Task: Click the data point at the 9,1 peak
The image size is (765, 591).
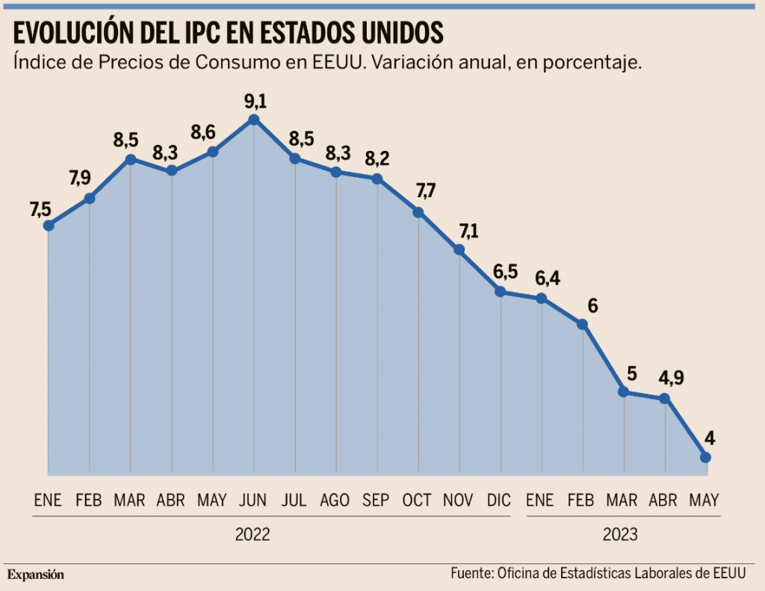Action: pyautogui.click(x=254, y=120)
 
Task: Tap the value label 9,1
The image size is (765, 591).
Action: pyautogui.click(x=255, y=100)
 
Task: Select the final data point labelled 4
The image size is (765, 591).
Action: pyautogui.click(x=705, y=457)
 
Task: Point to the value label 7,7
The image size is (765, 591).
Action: pyautogui.click(x=425, y=191)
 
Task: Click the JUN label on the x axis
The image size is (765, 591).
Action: pyautogui.click(x=253, y=501)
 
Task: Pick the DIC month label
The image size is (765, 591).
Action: pyautogui.click(x=500, y=501)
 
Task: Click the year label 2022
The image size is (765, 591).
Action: pyautogui.click(x=253, y=535)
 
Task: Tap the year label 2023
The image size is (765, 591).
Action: pyautogui.click(x=620, y=535)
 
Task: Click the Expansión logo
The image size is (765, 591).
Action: pyautogui.click(x=36, y=575)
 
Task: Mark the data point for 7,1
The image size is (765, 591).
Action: pyautogui.click(x=459, y=250)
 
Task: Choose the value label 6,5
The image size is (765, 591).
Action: pyautogui.click(x=506, y=271)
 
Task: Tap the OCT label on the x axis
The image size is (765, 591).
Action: pyautogui.click(x=417, y=501)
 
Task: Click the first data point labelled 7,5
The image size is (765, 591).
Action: pyautogui.click(x=49, y=225)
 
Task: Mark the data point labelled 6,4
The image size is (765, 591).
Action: pyautogui.click(x=541, y=298)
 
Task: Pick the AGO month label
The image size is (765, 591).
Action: pyautogui.click(x=335, y=501)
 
